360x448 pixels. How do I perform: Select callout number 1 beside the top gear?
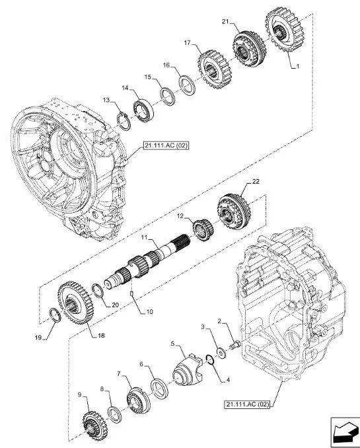[297, 67]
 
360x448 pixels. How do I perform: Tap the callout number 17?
[187, 43]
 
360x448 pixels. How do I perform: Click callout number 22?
[256, 182]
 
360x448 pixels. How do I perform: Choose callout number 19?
[40, 338]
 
